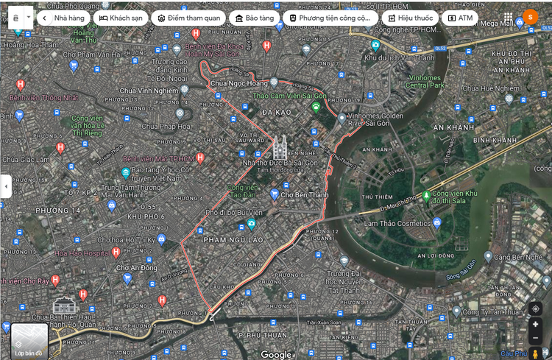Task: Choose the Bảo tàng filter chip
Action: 254,18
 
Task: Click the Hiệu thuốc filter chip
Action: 409,18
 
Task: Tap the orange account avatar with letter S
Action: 530,17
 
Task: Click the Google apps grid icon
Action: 509,17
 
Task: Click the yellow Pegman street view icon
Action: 535,353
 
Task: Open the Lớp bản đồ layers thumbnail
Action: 29,340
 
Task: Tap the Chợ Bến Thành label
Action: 304,195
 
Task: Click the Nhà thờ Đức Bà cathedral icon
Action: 279,147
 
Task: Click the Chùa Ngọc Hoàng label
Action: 236,84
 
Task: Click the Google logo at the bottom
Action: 276,354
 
